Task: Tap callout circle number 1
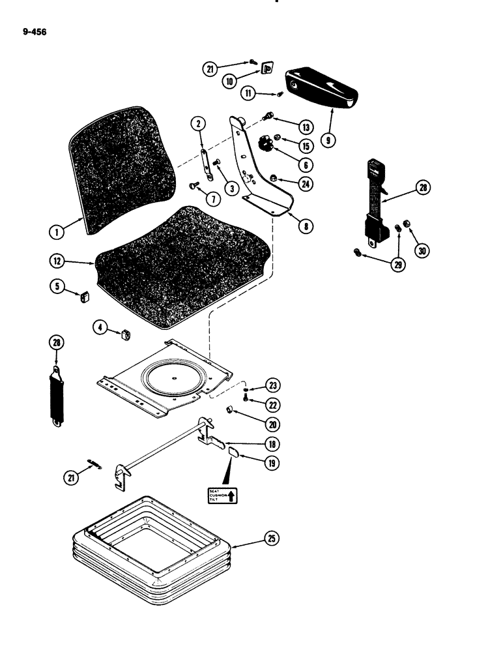(59, 230)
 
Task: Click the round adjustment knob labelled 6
(267, 143)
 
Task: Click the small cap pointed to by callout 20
(229, 409)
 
